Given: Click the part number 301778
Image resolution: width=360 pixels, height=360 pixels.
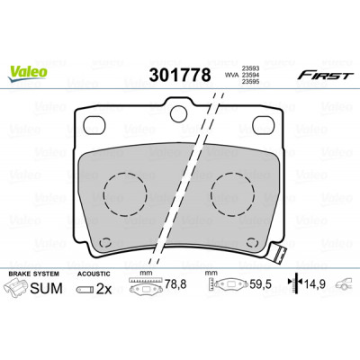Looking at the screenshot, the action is [180, 76].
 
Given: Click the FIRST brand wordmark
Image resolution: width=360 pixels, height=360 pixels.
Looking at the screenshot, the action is [324, 76].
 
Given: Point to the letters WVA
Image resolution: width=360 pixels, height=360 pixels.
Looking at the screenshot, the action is [230, 76].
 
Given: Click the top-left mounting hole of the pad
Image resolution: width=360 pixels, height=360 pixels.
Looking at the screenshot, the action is [94, 125].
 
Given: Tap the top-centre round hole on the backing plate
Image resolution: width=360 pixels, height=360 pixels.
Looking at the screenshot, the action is [178, 113].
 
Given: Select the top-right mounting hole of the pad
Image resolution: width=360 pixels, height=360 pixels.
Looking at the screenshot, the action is [264, 125].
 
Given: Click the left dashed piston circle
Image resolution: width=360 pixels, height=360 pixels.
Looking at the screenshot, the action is [125, 194].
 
